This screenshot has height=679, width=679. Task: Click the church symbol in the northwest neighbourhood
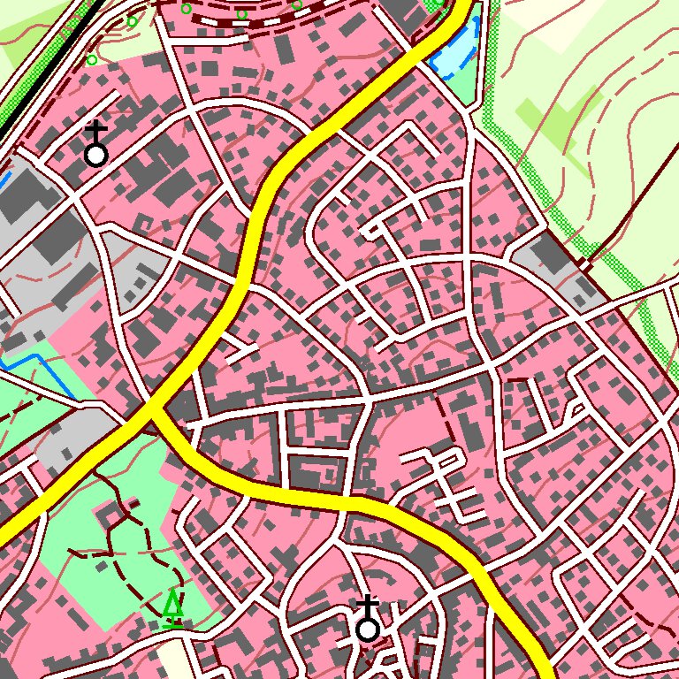click(x=95, y=146)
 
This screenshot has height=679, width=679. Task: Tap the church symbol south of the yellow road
click(x=368, y=620)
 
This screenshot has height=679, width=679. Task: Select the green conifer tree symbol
click(x=173, y=608)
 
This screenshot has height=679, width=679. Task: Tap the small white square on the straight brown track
click(x=584, y=263)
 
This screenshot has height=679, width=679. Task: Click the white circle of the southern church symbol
click(x=368, y=629)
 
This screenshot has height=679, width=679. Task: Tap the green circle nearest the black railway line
click(x=92, y=60)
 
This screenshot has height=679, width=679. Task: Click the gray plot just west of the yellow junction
click(x=71, y=438)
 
